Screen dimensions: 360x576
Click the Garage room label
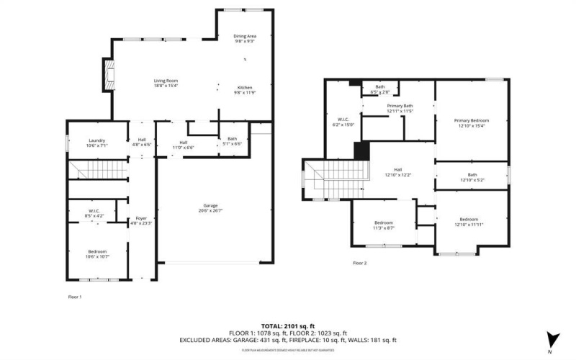[210, 208]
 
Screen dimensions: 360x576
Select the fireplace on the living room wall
[108, 75]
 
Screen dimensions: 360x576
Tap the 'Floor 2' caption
[360, 264]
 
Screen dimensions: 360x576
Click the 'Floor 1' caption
[75, 297]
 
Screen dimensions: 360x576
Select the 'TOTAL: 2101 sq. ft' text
[288, 326]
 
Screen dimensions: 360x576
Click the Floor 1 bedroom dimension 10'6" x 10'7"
[97, 256]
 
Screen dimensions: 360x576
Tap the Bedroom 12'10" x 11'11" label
[469, 222]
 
